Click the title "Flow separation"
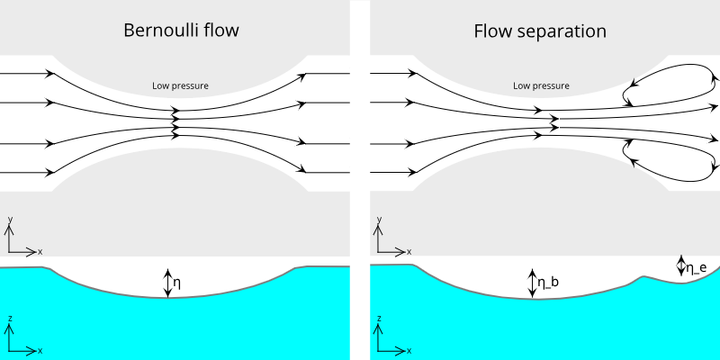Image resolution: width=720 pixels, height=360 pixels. (x=540, y=31)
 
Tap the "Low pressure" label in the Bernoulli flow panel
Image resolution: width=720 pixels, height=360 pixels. (x=180, y=86)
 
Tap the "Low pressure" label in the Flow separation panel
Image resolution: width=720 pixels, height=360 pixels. (x=541, y=86)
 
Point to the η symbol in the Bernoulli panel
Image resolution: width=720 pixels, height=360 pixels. (x=177, y=283)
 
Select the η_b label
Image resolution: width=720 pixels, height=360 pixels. (x=547, y=283)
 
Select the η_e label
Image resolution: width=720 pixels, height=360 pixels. (x=696, y=267)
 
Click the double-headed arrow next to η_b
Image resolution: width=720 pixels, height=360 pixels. (x=533, y=283)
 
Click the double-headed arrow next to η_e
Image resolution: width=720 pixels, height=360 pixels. (x=681, y=266)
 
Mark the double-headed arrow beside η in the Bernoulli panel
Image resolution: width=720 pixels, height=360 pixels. (x=166, y=283)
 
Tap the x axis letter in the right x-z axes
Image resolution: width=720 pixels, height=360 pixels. (x=410, y=349)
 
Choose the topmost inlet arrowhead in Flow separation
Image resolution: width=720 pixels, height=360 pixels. (x=414, y=73)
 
